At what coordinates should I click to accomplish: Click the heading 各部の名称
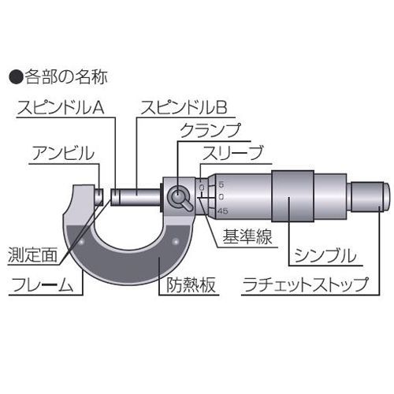66,77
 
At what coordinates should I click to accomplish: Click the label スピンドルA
61,107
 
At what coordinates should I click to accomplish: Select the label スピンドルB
184,107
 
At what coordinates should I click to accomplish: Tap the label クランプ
210,130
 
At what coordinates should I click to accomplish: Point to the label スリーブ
232,153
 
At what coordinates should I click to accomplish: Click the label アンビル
63,153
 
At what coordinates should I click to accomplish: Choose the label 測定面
32,255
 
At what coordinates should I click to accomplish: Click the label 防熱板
191,284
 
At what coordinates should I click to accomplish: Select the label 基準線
247,236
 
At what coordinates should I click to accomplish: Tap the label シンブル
325,255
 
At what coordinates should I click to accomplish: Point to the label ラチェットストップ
306,284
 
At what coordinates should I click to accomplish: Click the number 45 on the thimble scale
223,211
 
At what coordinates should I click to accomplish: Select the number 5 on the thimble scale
221,184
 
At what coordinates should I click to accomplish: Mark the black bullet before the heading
17,77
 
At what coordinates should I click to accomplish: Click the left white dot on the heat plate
81,242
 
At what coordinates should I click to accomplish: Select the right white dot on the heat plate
176,242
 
